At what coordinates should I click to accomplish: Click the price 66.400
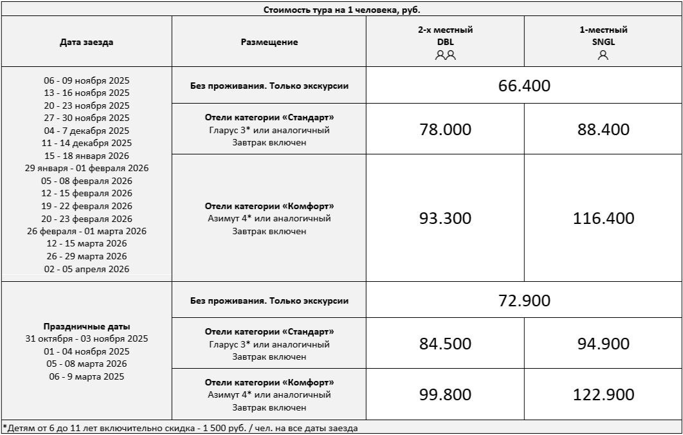click(x=524, y=86)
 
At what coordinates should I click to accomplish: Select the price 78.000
click(x=445, y=129)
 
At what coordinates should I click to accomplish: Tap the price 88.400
click(x=603, y=129)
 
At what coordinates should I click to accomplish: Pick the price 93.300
click(x=445, y=218)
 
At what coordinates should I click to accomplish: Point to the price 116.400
click(x=603, y=218)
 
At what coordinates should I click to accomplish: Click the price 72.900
click(x=524, y=301)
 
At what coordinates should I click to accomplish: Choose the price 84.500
click(x=445, y=344)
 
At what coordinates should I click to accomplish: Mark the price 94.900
click(x=603, y=344)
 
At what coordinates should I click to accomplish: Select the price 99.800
click(x=445, y=394)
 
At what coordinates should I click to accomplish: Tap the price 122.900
click(x=603, y=394)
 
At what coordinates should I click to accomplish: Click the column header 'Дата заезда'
click(x=86, y=42)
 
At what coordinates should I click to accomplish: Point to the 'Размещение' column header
click(x=269, y=42)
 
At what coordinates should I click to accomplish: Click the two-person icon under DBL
click(x=445, y=55)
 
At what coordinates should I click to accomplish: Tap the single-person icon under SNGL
click(x=603, y=55)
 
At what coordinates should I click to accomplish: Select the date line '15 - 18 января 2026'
click(x=87, y=156)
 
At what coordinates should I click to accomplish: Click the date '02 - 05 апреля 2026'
click(x=87, y=269)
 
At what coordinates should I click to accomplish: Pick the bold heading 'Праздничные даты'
click(x=87, y=326)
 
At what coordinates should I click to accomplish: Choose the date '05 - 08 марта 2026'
click(x=87, y=364)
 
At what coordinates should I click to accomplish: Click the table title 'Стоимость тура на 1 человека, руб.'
click(x=341, y=10)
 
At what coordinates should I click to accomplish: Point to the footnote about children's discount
click(x=180, y=427)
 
